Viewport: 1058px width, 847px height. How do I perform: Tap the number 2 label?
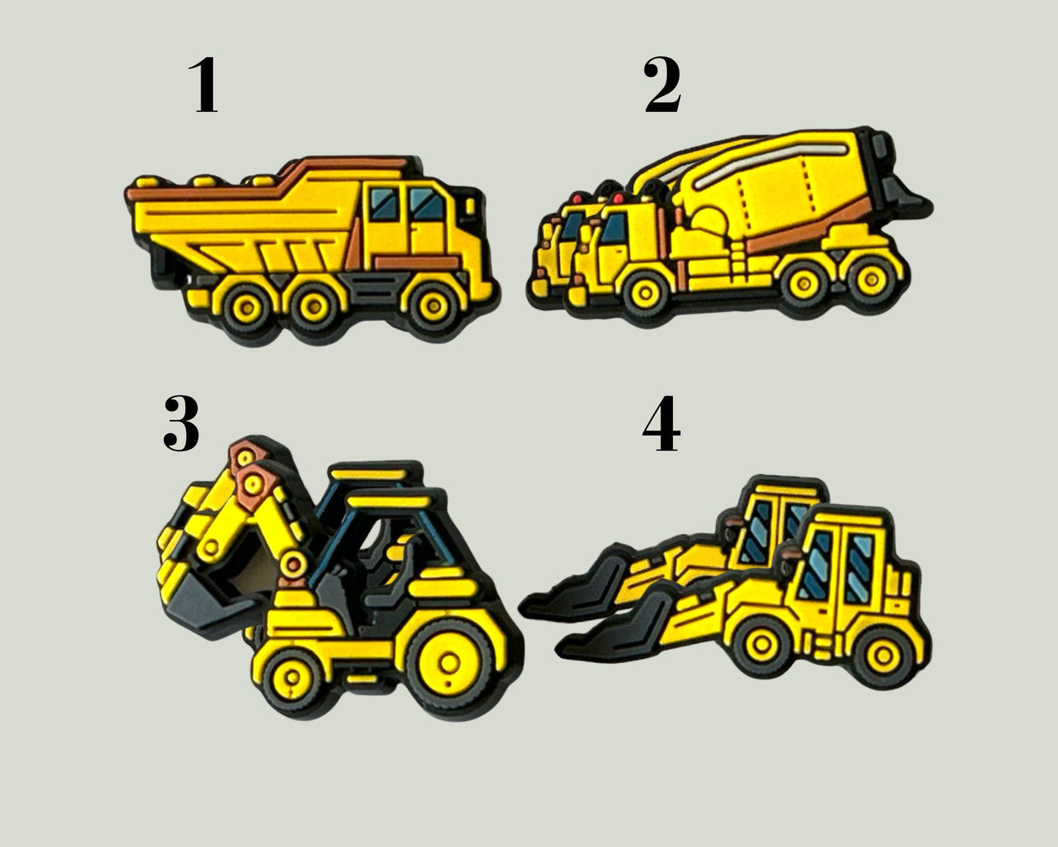pyautogui.click(x=663, y=85)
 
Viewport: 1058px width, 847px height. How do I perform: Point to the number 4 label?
pyautogui.click(x=662, y=423)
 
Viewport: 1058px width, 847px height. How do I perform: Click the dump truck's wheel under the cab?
pyautogui.click(x=433, y=306)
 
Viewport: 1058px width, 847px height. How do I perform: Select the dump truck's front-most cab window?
pyautogui.click(x=427, y=204)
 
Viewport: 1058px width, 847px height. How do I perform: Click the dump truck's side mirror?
pyautogui.click(x=471, y=206)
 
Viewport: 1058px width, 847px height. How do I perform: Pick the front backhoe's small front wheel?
pyautogui.click(x=292, y=678)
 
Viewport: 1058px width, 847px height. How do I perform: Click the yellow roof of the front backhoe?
pyautogui.click(x=388, y=502)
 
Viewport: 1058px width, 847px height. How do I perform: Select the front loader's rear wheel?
pyautogui.click(x=883, y=656)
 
